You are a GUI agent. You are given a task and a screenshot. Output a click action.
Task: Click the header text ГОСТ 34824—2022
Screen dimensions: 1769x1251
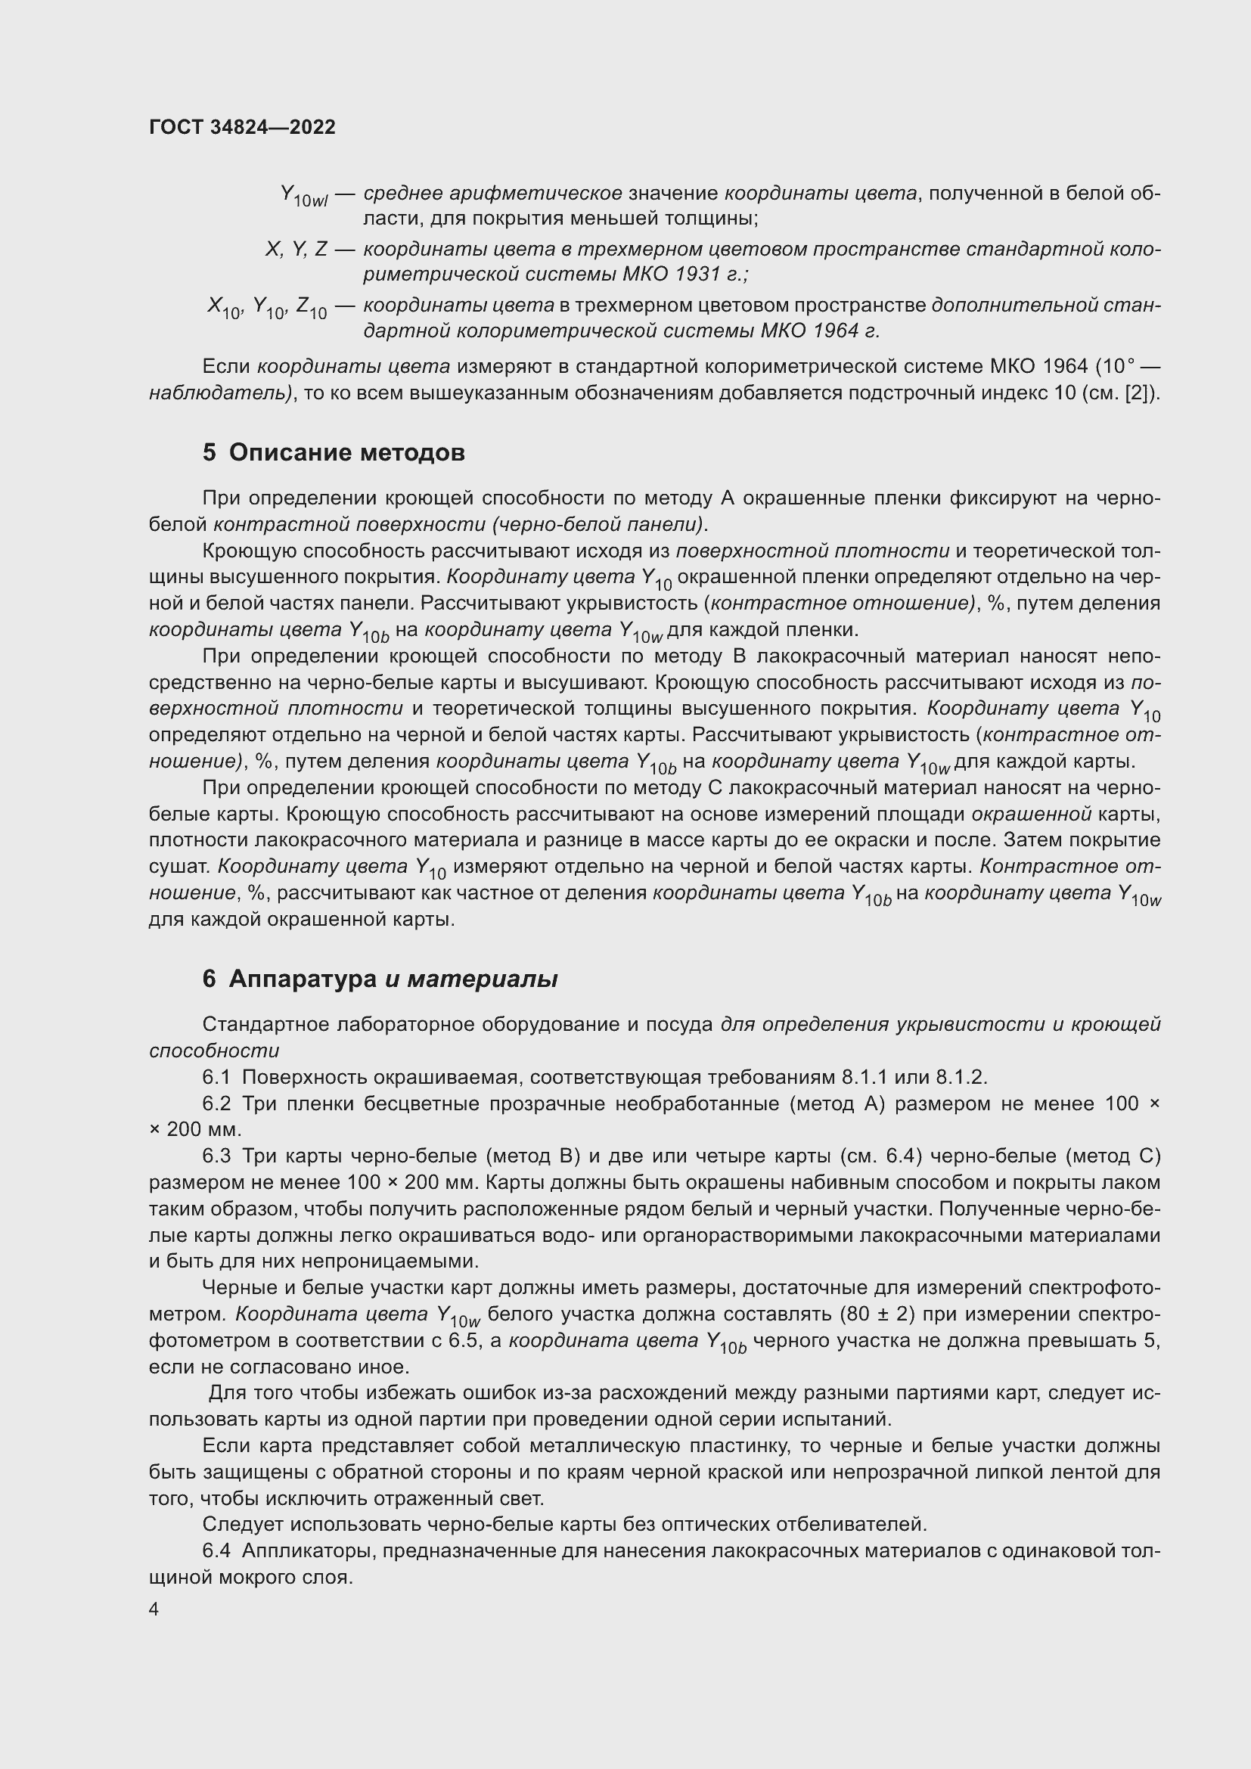pyautogui.click(x=242, y=127)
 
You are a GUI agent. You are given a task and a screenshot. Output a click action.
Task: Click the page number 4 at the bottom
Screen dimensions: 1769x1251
pyautogui.click(x=154, y=1609)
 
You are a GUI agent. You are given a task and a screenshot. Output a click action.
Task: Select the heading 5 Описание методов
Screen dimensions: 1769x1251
pyautogui.click(x=334, y=452)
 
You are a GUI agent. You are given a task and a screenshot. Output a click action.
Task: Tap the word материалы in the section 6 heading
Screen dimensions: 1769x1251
pyautogui.click(x=482, y=979)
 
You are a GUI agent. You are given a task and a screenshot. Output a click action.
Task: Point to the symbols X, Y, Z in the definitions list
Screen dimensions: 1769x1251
pyautogui.click(x=296, y=249)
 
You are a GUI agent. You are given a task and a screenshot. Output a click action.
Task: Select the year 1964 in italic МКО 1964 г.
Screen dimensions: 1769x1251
pyautogui.click(x=832, y=331)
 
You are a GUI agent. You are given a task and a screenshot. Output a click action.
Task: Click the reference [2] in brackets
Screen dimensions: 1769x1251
pyautogui.click(x=1140, y=393)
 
